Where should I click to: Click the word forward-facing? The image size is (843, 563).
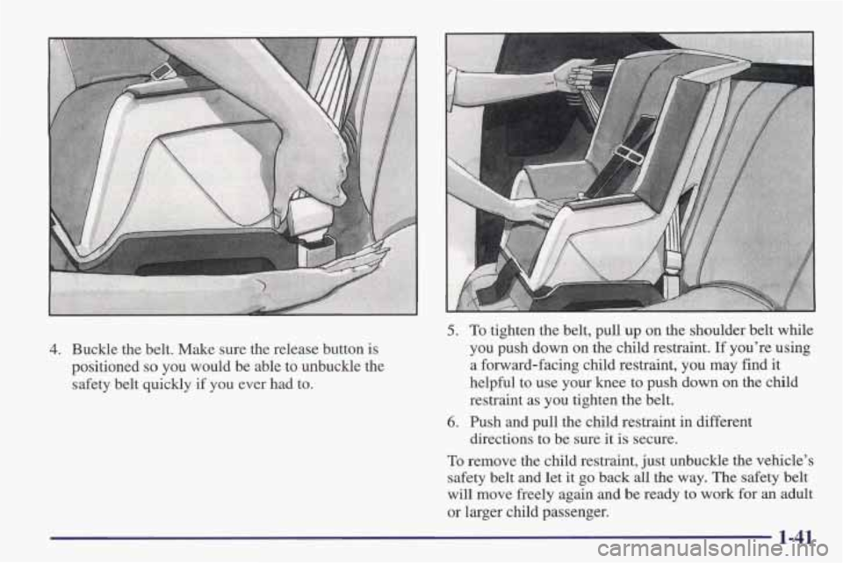tap(527, 365)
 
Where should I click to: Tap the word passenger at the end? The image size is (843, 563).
tap(577, 512)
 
